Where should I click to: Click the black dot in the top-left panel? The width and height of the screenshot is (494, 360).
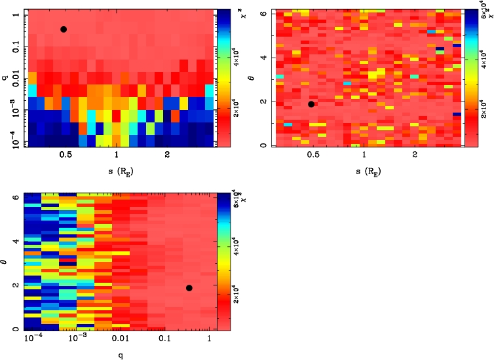(x=64, y=29)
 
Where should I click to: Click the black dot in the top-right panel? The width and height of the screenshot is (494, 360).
(x=311, y=104)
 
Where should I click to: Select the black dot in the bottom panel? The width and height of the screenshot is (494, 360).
(x=189, y=288)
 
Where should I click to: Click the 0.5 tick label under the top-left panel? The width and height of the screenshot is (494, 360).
(x=65, y=154)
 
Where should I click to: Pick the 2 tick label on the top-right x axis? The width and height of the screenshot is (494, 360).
(x=415, y=154)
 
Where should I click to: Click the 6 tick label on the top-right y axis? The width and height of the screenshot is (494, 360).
(x=263, y=12)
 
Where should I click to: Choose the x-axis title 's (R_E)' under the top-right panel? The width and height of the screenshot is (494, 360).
(x=364, y=172)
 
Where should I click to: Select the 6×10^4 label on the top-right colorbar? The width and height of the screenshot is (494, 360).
(x=470, y=16)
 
